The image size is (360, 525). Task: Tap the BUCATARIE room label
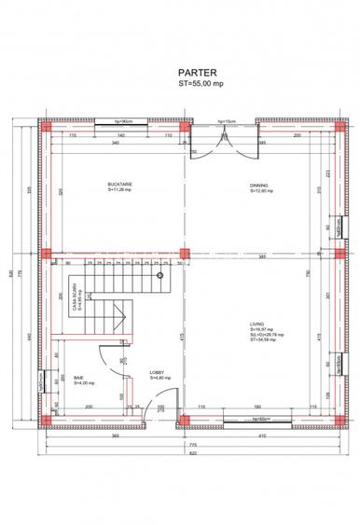click(x=119, y=186)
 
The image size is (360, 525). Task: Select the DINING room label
click(x=259, y=186)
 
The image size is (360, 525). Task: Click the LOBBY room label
click(x=157, y=373)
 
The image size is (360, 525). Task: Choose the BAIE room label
click(x=79, y=379)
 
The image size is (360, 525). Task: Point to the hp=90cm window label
click(x=124, y=121)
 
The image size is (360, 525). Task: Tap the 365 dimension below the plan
click(x=113, y=436)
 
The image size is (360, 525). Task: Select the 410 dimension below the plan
click(x=262, y=436)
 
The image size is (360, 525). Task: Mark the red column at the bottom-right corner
click(x=339, y=421)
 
